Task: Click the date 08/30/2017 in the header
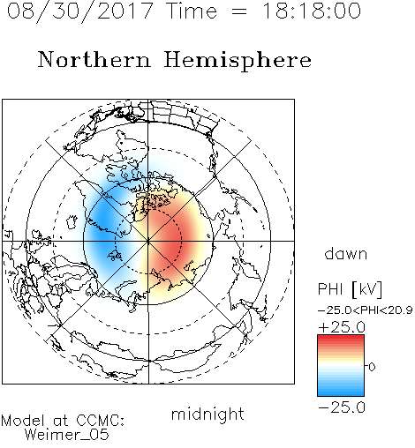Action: coord(79,11)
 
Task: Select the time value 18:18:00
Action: coord(311,11)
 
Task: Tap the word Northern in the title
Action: coord(94,59)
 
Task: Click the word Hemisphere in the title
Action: coord(238,61)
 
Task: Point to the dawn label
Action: coord(346,253)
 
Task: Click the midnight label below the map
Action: coord(207,414)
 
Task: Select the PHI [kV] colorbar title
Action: coord(350,289)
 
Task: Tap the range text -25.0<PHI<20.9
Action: coord(365,310)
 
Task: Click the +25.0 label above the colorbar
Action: coord(342,327)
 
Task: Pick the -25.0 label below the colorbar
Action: coord(342,407)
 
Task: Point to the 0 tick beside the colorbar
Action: coord(372,367)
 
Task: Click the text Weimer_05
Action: coord(67,434)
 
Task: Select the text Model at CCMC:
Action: coord(63,421)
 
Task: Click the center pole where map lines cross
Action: coord(148,241)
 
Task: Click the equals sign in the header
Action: coord(238,11)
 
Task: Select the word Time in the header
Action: coord(192,11)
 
